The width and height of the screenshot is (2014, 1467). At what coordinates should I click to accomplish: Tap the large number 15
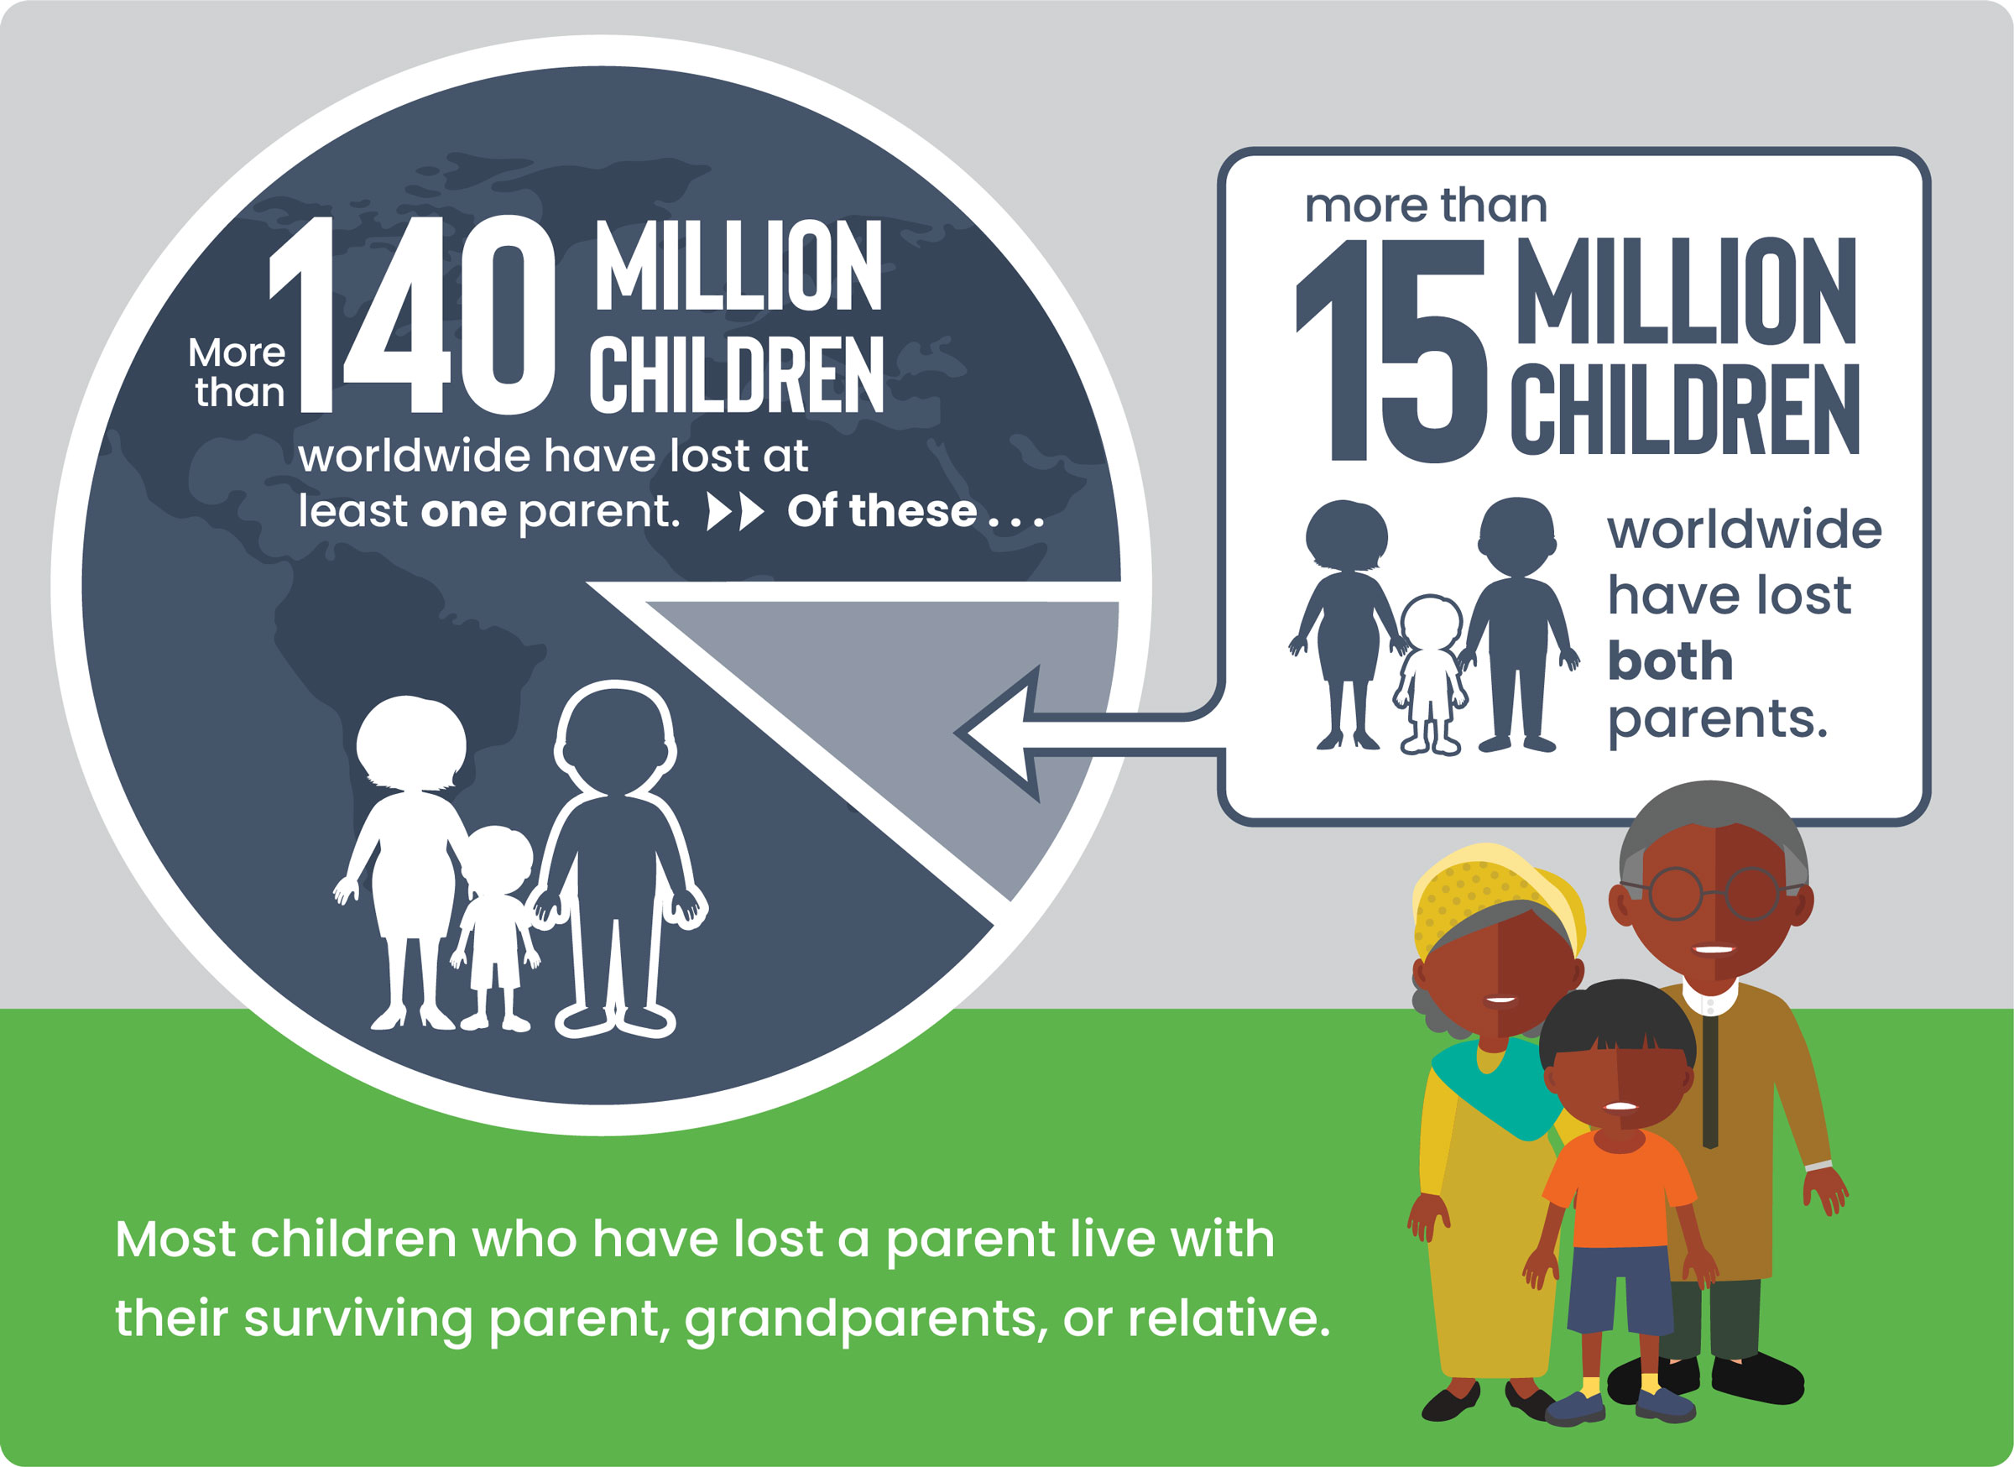pyautogui.click(x=1391, y=351)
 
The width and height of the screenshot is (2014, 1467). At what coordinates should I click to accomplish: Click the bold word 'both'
pyautogui.click(x=1670, y=660)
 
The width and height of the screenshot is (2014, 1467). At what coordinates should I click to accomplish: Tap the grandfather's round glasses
pyautogui.click(x=1714, y=893)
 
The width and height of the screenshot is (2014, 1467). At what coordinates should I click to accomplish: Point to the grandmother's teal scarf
pyautogui.click(x=1500, y=1089)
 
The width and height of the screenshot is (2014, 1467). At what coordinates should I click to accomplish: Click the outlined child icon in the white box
pyautogui.click(x=1430, y=675)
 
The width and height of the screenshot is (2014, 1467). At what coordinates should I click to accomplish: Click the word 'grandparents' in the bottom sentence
pyautogui.click(x=859, y=1319)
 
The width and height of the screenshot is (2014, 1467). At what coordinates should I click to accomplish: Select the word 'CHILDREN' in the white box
pyautogui.click(x=1684, y=409)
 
